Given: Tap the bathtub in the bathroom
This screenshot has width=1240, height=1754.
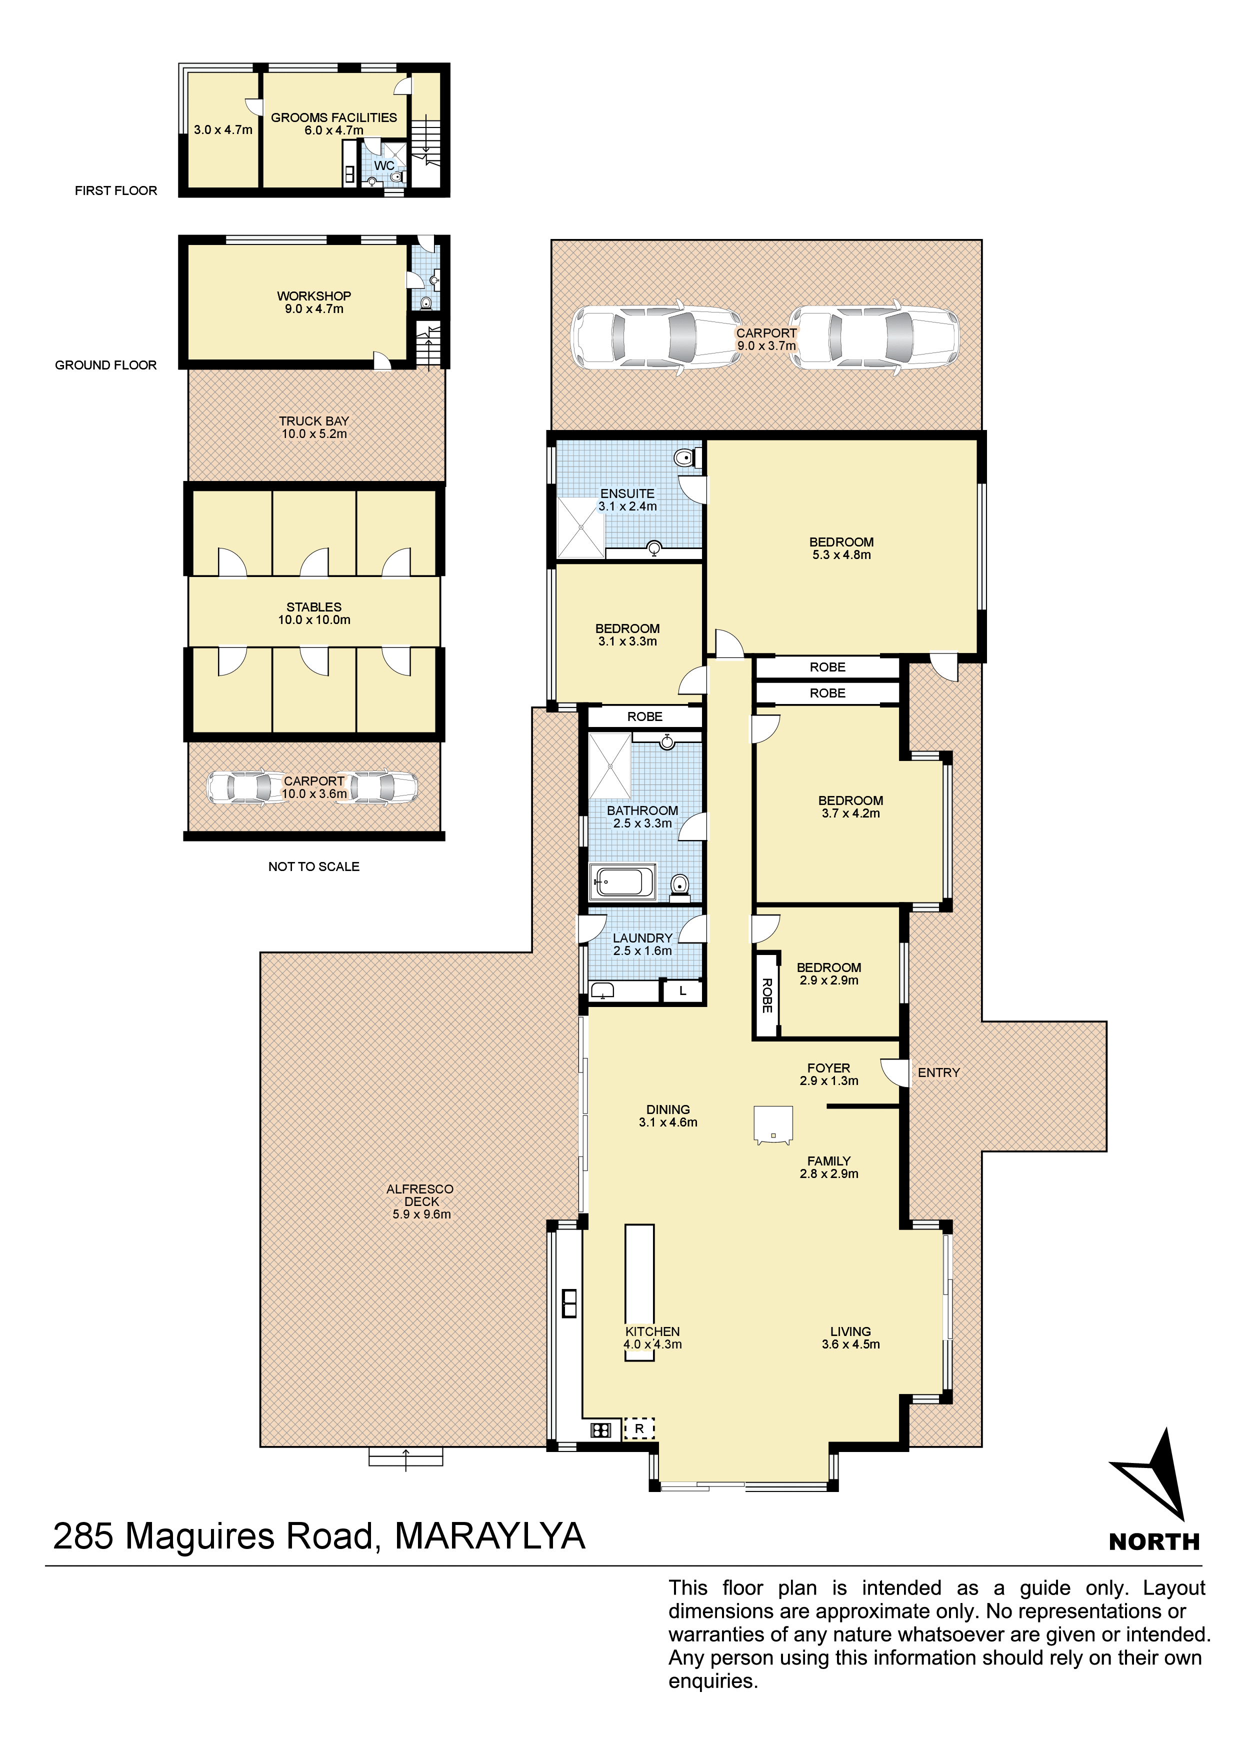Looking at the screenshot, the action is tap(622, 882).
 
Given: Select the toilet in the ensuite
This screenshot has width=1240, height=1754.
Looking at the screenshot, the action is tap(687, 457).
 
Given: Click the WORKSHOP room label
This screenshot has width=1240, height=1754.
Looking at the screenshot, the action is tap(314, 302).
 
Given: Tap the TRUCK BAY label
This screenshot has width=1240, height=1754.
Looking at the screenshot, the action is tap(314, 427).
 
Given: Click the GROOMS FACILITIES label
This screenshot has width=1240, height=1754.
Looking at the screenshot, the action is tap(334, 124).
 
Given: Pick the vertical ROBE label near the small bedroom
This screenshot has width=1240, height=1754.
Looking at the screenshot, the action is tap(767, 995).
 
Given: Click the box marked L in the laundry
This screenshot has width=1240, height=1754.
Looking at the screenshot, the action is tap(682, 991).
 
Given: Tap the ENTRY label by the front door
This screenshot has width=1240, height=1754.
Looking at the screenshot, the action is tap(938, 1072).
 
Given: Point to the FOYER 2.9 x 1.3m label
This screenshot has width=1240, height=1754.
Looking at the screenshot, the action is tap(829, 1074).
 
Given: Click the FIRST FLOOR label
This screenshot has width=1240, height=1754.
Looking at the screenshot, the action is tap(116, 190).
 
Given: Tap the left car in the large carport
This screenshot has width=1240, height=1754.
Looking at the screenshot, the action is tap(657, 337).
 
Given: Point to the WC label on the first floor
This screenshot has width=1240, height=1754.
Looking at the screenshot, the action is tap(384, 166).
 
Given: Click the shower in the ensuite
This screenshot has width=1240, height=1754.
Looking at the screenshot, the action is tap(580, 528).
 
